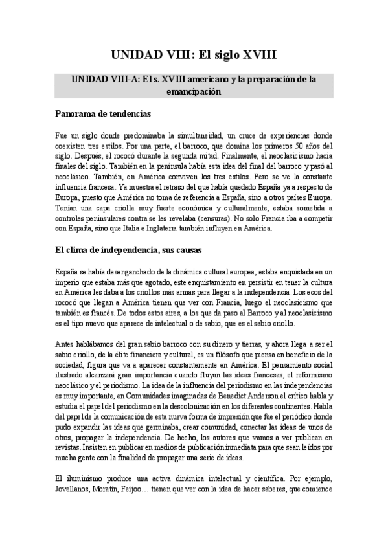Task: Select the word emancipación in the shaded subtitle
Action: pyautogui.click(x=194, y=92)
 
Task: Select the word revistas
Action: pyautogui.click(x=69, y=447)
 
